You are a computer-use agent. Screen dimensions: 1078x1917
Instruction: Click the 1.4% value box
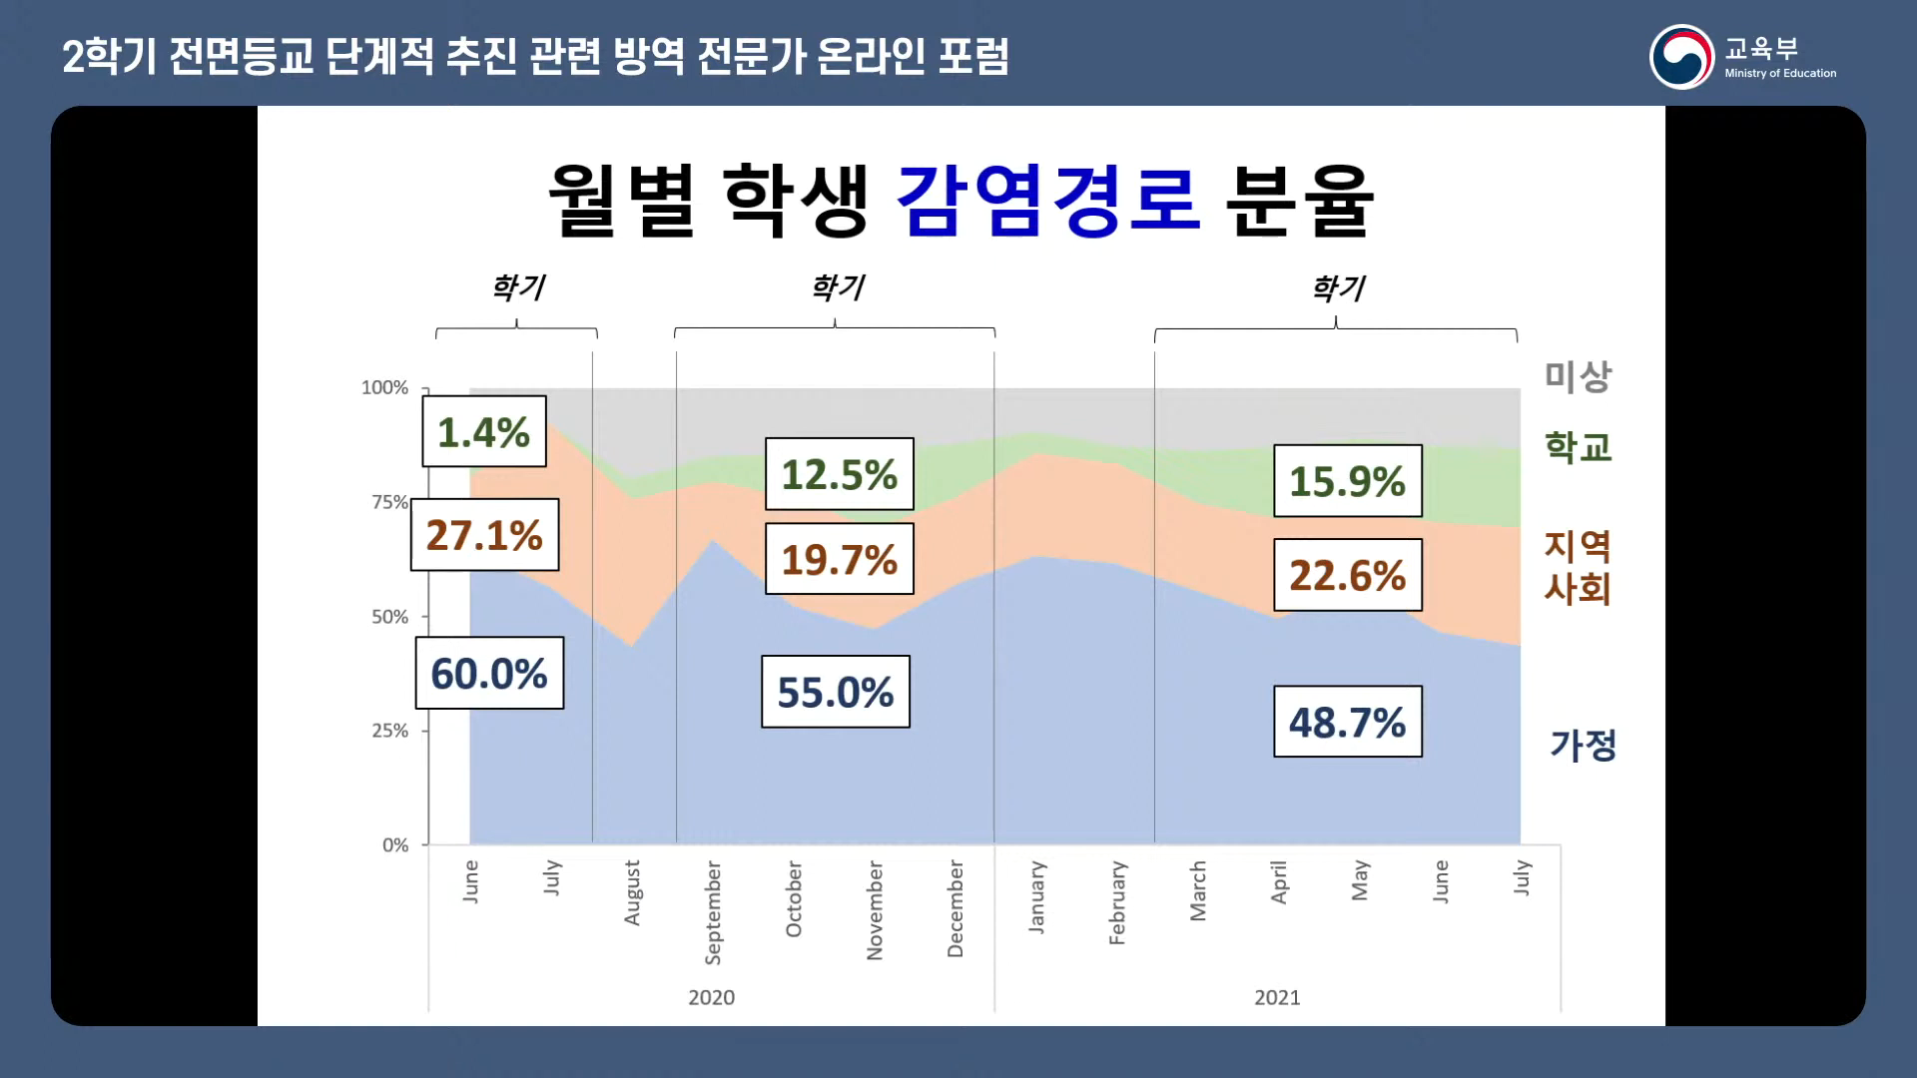(484, 431)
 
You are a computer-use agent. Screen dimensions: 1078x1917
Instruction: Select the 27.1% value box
(484, 535)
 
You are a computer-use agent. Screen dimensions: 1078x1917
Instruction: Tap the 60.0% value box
(489, 673)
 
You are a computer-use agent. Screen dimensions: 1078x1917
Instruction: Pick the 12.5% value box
(839, 474)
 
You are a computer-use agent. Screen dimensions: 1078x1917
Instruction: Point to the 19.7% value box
(839, 559)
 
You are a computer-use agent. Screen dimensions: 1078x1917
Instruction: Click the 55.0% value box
(835, 692)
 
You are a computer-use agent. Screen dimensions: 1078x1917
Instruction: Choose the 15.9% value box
(1347, 481)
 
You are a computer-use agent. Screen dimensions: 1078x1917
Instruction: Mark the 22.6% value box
(1347, 575)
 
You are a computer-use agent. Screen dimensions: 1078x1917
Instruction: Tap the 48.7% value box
(1347, 722)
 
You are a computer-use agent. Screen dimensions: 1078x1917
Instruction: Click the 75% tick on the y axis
(389, 502)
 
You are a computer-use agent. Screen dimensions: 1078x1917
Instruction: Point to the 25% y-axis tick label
(389, 731)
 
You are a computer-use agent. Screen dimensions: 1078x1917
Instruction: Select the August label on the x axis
(632, 892)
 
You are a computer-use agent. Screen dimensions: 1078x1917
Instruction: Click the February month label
(1117, 902)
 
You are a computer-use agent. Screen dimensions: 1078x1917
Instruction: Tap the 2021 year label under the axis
(1277, 997)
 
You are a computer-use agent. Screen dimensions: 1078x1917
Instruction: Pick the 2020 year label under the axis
(711, 997)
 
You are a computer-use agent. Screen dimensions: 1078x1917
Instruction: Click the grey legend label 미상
(1578, 376)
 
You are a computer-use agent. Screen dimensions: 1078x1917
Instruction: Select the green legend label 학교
(1578, 447)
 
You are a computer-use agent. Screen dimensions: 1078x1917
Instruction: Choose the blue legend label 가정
(1583, 745)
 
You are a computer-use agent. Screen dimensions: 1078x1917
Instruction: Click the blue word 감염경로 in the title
(1047, 200)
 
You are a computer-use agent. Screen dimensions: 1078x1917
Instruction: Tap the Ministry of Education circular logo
(1681, 57)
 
